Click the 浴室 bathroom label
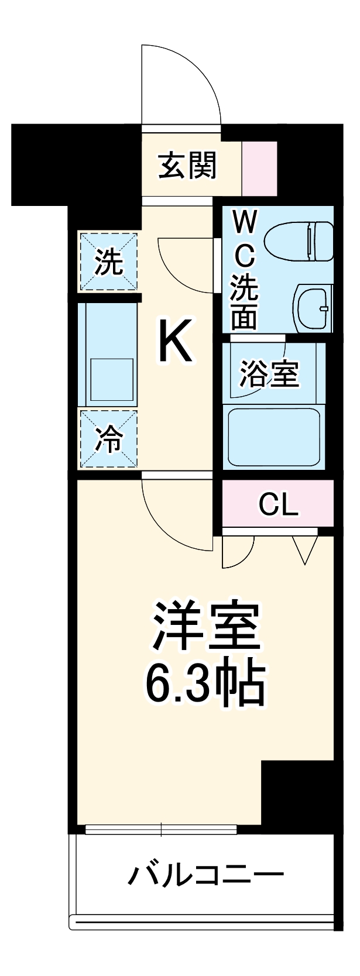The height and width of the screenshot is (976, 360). pyautogui.click(x=269, y=374)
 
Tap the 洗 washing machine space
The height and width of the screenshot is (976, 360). pyautogui.click(x=109, y=262)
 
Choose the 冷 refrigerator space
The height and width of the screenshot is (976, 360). pyautogui.click(x=109, y=439)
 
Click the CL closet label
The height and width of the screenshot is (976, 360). pyautogui.click(x=279, y=504)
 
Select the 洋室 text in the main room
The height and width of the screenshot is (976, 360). pyautogui.click(x=205, y=626)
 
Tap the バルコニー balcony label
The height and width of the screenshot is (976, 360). pyautogui.click(x=206, y=875)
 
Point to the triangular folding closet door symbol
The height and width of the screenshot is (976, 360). pyautogui.click(x=305, y=549)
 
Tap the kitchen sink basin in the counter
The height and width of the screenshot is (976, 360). pyautogui.click(x=111, y=379)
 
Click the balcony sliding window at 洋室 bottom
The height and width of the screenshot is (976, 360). pyautogui.click(x=161, y=829)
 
